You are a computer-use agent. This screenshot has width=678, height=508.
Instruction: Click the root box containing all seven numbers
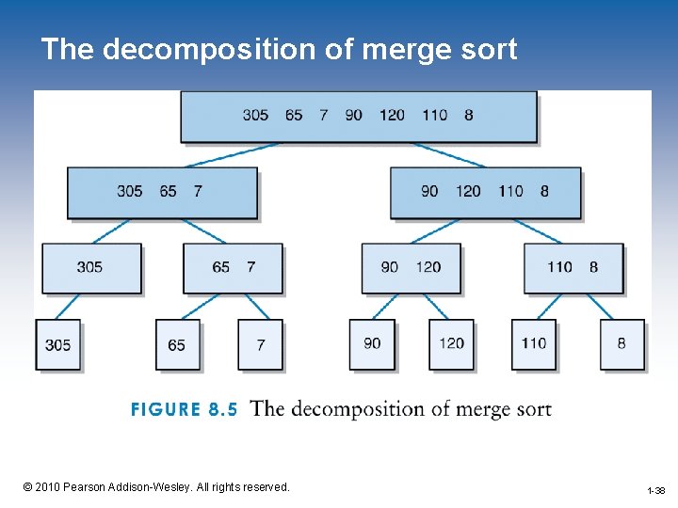coord(359,116)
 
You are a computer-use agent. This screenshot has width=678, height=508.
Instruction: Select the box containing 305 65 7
coord(162,192)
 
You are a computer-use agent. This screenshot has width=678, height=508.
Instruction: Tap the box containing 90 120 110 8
coord(485,192)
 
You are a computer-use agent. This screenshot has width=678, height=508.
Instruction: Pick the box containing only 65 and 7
coord(233,267)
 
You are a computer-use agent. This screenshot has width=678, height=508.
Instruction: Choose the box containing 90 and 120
coord(412,267)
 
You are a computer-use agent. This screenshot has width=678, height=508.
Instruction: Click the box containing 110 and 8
coord(573,267)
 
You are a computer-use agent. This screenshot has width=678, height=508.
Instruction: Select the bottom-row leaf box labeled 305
coord(58,344)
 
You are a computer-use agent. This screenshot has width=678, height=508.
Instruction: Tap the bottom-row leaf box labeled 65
coord(177,344)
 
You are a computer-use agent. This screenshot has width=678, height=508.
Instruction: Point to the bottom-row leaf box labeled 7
coord(260,344)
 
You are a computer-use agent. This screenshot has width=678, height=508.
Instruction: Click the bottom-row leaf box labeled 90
coord(372,343)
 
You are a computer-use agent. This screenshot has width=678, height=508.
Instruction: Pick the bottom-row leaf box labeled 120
coord(452,343)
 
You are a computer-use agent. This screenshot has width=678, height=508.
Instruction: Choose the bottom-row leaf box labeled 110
coord(534,343)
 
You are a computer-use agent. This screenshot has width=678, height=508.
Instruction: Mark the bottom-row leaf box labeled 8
coord(621,343)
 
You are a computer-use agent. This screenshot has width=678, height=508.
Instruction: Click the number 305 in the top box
coord(255,115)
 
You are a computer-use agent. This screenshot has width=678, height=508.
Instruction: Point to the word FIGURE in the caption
coord(166,409)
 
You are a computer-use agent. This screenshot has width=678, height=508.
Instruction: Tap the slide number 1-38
coord(655,490)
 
